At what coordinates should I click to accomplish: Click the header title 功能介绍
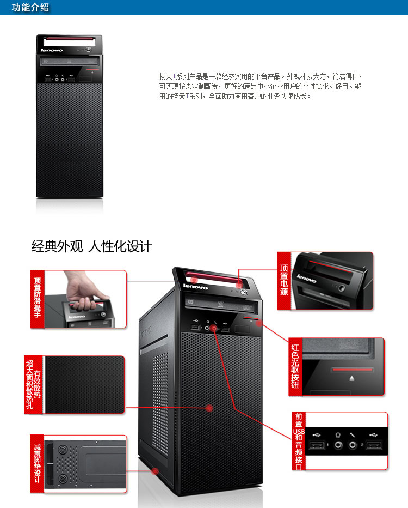(x=30, y=8)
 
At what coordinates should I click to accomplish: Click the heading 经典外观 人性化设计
(x=91, y=246)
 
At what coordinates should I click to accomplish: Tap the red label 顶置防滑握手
(x=37, y=299)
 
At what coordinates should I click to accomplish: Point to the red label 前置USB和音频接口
(x=298, y=440)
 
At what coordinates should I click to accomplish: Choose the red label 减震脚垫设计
(x=37, y=463)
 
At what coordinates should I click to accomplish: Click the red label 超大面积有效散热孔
(x=33, y=384)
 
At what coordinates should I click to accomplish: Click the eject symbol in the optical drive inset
(x=354, y=377)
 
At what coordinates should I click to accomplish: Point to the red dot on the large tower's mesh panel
(x=210, y=408)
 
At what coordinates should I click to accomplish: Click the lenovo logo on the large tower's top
(x=195, y=286)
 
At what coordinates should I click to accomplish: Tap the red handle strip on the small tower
(x=69, y=40)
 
